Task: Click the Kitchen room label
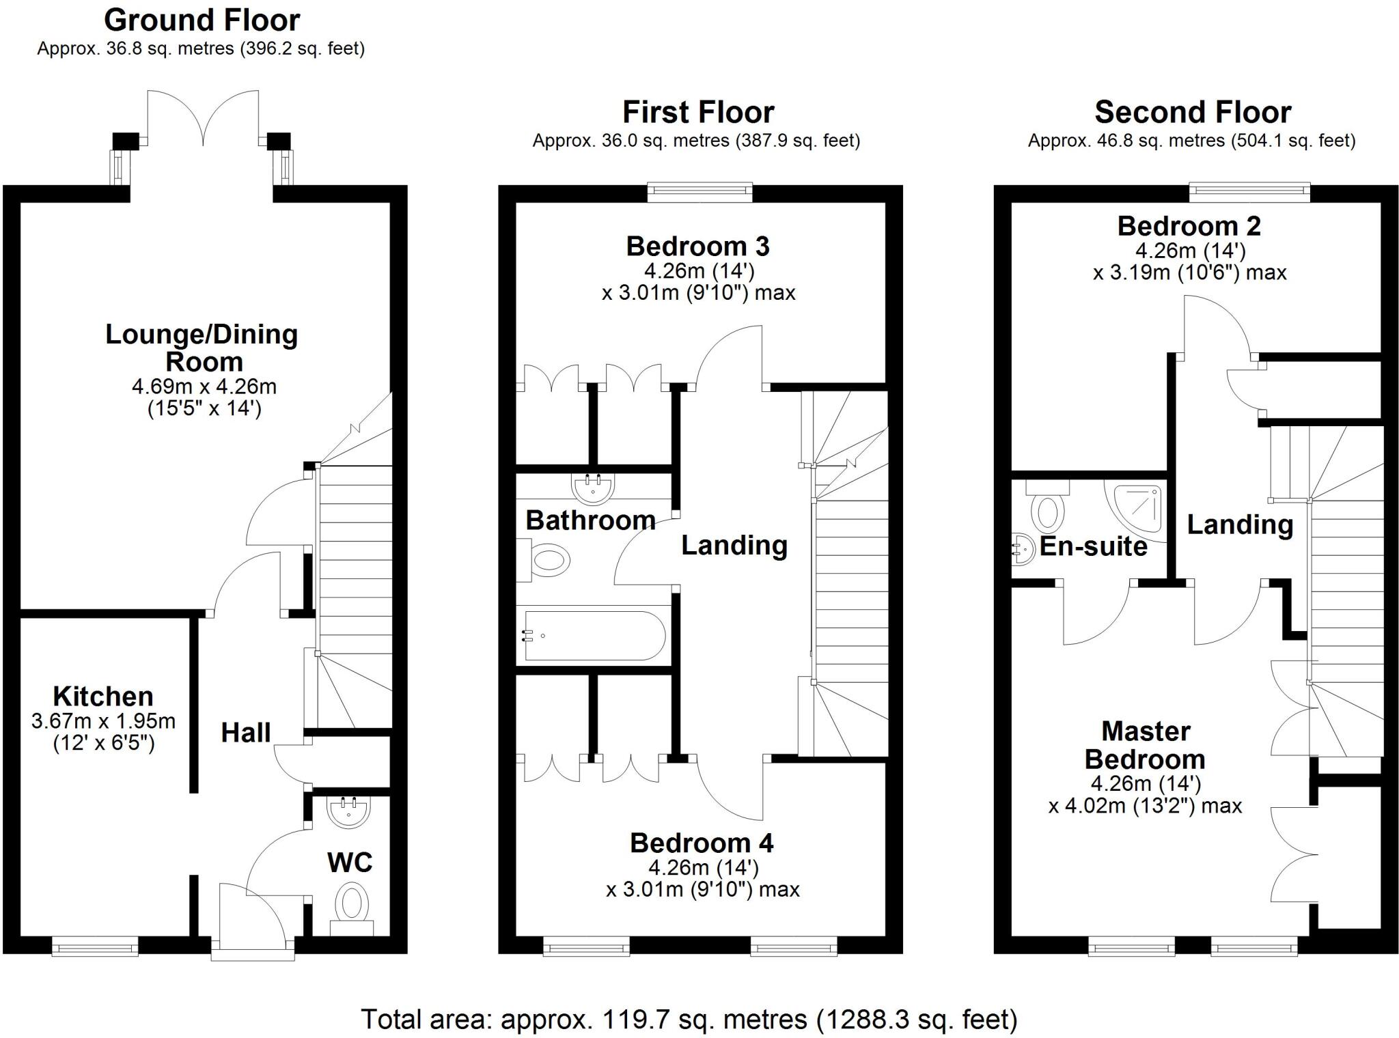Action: (103, 697)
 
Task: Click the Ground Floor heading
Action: (202, 20)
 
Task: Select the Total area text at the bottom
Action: (689, 1020)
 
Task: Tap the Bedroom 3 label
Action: (697, 246)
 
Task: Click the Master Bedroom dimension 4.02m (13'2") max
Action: (1145, 806)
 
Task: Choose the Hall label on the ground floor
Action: (246, 733)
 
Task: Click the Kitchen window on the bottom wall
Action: (95, 946)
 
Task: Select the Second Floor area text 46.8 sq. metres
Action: (1191, 141)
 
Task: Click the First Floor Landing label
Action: (734, 545)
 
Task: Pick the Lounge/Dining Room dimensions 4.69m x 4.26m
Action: (204, 387)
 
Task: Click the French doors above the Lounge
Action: (203, 117)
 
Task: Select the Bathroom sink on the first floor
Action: (592, 486)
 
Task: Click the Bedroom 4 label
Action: (702, 843)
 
